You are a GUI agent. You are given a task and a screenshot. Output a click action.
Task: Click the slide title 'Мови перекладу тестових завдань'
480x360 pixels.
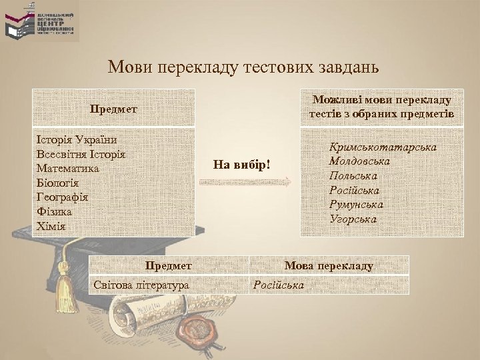click(x=243, y=67)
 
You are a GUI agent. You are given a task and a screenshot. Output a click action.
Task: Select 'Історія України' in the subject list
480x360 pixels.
click(x=77, y=140)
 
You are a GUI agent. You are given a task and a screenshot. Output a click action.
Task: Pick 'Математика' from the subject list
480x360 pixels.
click(x=69, y=169)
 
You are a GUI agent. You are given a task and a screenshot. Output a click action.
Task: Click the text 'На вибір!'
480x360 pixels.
click(x=243, y=164)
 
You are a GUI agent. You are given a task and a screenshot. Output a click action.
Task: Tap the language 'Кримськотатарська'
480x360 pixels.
click(x=383, y=147)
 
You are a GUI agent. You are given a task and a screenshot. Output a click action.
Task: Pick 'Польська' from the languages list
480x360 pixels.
click(x=353, y=176)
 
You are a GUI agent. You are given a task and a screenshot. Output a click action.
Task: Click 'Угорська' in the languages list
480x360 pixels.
click(x=353, y=219)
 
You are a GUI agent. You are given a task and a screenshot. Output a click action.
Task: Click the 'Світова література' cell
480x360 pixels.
click(x=141, y=285)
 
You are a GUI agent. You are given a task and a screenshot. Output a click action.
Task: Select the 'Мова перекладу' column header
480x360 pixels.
click(x=329, y=265)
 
